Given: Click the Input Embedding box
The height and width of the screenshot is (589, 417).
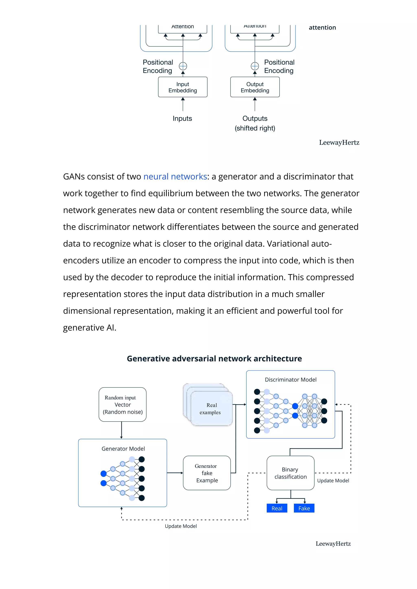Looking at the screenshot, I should coord(182,87).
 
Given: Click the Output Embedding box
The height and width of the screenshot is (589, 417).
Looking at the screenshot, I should coord(255,87).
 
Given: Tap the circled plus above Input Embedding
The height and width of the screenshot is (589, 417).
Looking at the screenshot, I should coord(183,66).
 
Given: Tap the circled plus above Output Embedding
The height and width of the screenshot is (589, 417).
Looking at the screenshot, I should coord(255,66).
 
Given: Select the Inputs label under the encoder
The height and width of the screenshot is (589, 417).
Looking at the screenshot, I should coord(182,118).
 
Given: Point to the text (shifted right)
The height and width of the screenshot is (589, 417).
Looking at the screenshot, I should coord(255,128).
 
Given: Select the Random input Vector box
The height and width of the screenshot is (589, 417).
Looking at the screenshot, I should coord(123,404).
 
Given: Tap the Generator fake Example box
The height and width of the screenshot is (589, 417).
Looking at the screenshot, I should coord(207,473).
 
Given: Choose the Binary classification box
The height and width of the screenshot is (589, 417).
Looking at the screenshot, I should coord(290,473).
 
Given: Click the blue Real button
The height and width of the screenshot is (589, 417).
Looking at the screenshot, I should coord(277,508).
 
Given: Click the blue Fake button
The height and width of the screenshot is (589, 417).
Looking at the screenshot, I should coord(304,508).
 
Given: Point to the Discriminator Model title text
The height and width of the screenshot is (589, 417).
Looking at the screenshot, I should coord(290,379).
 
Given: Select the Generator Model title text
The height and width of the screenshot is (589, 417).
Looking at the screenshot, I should coord(123,449).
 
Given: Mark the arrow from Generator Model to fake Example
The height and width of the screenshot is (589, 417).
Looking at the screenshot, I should coord(175,473).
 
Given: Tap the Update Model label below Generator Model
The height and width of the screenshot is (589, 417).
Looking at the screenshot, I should coord(181,526).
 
